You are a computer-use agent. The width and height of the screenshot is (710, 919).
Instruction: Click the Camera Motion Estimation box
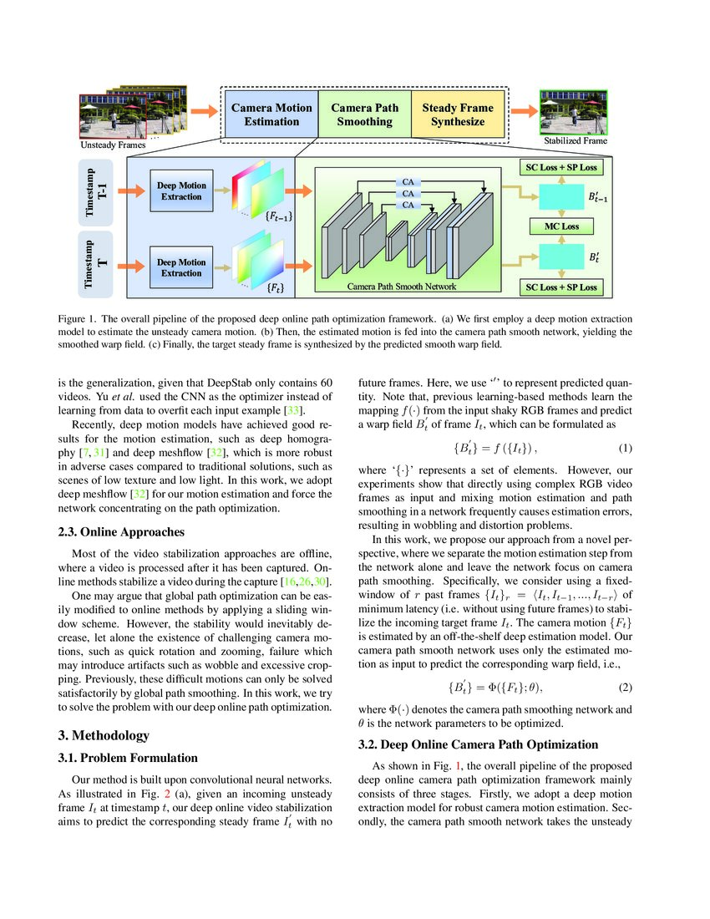(x=271, y=114)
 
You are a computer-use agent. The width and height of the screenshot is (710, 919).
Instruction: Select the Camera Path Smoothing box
(x=364, y=114)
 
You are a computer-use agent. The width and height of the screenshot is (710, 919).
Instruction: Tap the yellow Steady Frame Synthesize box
(x=458, y=114)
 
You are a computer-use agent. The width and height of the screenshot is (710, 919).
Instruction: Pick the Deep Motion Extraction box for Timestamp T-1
(x=180, y=190)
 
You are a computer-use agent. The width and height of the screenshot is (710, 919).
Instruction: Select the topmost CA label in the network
(x=408, y=180)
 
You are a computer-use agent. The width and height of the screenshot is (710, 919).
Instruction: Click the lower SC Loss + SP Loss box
(x=559, y=287)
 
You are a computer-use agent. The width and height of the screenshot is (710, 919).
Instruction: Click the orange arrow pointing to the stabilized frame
(x=522, y=111)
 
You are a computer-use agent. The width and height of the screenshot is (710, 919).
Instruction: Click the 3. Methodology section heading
(x=104, y=734)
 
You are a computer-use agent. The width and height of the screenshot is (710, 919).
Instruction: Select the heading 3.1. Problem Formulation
(x=127, y=758)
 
